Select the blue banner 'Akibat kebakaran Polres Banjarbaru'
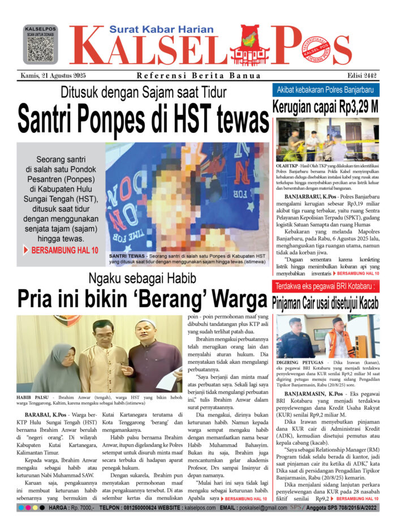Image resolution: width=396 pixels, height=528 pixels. click(x=326, y=90)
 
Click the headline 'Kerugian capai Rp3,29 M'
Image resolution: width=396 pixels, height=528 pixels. click(x=326, y=106)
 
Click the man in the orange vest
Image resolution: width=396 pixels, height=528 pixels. click(x=339, y=338)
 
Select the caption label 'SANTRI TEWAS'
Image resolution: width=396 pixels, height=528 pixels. click(x=126, y=256)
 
